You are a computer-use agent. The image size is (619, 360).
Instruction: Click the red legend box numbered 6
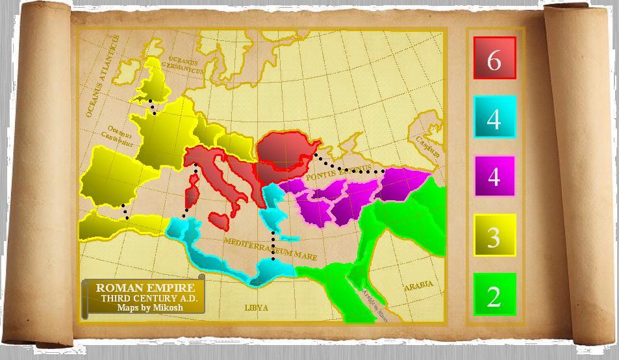(494, 58)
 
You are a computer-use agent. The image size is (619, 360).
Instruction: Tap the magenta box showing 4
(494, 176)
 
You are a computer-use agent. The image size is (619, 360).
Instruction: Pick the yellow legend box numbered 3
(494, 235)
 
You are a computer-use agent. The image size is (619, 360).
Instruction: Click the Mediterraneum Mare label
(270, 248)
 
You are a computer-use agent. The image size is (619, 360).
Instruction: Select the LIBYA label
(256, 307)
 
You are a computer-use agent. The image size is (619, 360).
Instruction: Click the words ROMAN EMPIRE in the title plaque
(144, 287)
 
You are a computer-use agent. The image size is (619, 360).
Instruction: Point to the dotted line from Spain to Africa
(124, 211)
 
